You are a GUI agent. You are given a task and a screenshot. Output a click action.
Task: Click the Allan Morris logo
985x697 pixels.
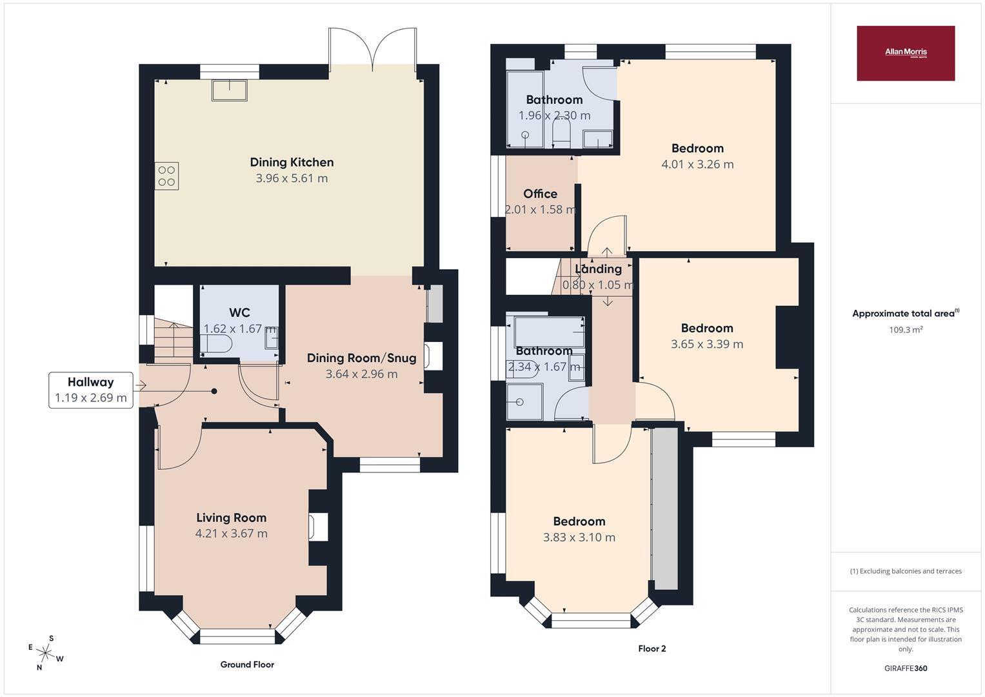(x=906, y=53)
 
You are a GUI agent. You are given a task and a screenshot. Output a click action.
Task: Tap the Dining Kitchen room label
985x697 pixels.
(x=292, y=163)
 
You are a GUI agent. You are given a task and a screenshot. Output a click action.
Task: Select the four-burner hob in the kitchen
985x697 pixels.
(x=166, y=176)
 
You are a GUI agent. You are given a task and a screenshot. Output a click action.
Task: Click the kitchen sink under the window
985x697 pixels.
(x=229, y=90)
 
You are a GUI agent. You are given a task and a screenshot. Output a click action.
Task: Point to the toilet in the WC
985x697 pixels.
(x=215, y=343)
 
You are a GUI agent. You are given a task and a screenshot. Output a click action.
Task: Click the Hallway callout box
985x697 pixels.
(x=91, y=390)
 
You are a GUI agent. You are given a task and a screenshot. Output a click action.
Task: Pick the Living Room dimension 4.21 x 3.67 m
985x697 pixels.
(x=232, y=534)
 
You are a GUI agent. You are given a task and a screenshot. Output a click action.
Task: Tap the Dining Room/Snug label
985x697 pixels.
(x=361, y=358)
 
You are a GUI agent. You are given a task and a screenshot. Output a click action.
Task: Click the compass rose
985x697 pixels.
(x=45, y=652)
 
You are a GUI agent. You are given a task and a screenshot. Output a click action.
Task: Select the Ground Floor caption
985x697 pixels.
(x=247, y=665)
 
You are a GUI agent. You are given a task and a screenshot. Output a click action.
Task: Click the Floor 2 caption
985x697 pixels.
(x=652, y=649)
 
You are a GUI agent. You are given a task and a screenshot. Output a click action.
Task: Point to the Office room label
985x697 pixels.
(x=541, y=194)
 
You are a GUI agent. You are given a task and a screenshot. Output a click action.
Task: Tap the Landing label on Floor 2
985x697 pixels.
(x=599, y=269)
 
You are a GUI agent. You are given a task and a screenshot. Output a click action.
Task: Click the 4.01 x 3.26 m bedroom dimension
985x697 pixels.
(x=697, y=165)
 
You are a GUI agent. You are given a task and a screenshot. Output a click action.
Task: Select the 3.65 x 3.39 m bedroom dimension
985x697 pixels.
(x=707, y=344)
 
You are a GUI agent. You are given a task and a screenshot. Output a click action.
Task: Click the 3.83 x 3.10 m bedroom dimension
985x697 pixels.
(x=579, y=537)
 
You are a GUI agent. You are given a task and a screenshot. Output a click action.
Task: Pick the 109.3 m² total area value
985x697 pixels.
(x=906, y=330)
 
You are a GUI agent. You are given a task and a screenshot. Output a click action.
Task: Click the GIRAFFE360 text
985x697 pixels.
(x=906, y=669)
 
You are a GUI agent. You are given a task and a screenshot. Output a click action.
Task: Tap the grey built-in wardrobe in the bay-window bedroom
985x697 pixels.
(x=664, y=509)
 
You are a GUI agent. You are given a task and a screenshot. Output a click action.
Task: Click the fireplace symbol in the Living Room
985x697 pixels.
(x=319, y=527)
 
